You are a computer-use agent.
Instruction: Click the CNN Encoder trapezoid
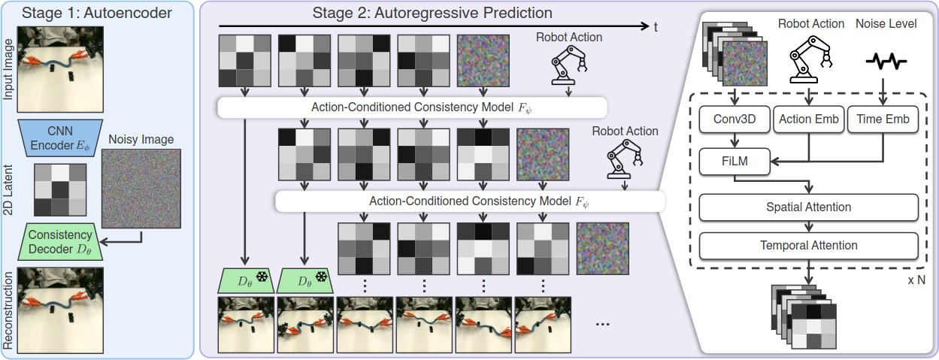[60, 138]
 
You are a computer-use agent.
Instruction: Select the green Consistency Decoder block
[60, 242]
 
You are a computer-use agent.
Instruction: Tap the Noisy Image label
[141, 140]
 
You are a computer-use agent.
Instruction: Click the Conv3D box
[735, 119]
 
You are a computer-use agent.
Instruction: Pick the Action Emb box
[809, 119]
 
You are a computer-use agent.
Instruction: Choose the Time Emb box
[883, 119]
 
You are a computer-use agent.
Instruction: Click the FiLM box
[735, 162]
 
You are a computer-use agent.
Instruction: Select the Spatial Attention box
[809, 207]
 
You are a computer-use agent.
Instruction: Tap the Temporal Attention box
[809, 246]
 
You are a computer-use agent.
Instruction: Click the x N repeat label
[916, 280]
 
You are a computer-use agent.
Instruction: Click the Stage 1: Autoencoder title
[97, 13]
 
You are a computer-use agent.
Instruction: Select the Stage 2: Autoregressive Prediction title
[432, 13]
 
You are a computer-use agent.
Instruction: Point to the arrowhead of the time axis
[647, 26]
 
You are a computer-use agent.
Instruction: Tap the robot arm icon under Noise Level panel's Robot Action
[810, 59]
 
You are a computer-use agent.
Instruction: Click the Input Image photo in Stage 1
[60, 70]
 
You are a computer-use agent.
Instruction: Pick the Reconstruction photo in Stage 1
[60, 310]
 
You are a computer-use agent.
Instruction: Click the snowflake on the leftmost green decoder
[262, 277]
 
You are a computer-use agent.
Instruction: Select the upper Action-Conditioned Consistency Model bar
[412, 107]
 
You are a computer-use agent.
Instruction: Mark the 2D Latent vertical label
[8, 190]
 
